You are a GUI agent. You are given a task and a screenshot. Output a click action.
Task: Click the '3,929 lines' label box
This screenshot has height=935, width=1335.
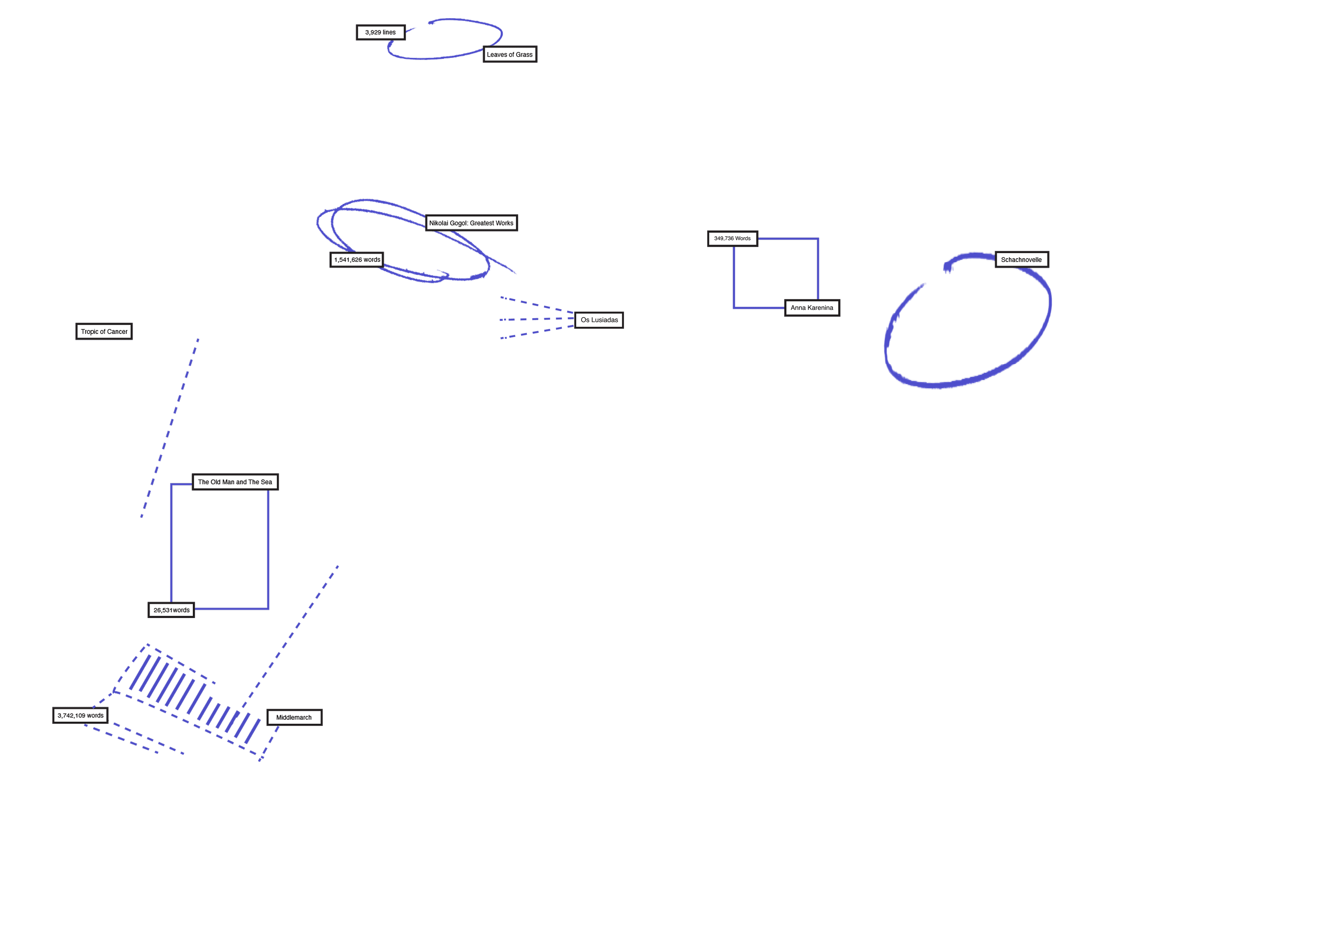pos(380,33)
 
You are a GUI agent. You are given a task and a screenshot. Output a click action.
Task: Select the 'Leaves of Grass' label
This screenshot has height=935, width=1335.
pos(509,55)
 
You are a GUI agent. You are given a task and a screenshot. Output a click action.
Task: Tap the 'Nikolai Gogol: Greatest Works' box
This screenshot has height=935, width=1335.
pos(471,223)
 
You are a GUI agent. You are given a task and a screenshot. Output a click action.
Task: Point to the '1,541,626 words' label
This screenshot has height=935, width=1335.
pos(356,260)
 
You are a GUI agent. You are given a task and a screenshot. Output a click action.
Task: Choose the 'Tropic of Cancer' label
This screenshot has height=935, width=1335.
pos(104,332)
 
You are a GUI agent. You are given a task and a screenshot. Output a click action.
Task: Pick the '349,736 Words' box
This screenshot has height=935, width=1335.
pos(732,238)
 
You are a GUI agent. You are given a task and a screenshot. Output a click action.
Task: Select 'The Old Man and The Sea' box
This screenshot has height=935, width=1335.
pos(235,482)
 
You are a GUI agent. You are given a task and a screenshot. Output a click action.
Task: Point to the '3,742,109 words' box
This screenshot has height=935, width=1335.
pos(80,716)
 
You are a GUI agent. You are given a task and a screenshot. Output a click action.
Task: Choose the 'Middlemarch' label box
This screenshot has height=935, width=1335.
pos(294,717)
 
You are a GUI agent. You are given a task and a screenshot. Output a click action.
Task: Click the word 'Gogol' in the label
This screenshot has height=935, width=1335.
pos(459,223)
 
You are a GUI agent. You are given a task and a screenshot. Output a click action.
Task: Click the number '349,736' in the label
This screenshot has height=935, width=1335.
pos(723,238)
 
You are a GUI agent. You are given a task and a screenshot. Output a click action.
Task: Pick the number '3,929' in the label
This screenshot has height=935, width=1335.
pos(373,33)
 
